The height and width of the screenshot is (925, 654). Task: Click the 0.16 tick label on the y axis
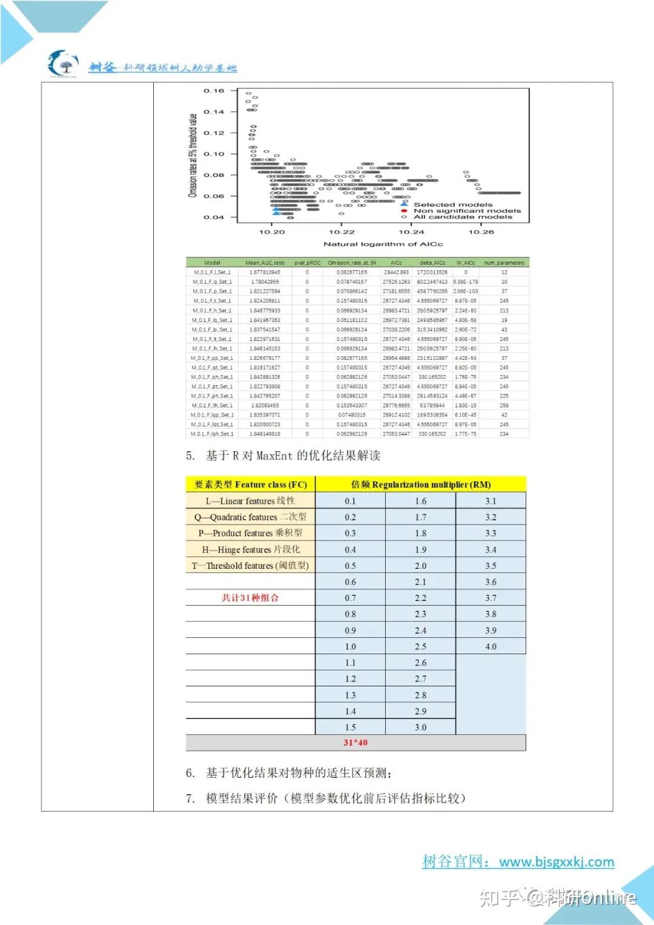tap(214, 91)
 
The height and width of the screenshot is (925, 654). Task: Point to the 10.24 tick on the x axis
tap(411, 232)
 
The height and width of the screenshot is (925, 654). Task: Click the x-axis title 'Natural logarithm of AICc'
tap(383, 244)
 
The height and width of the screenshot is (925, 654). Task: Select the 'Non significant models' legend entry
tap(467, 211)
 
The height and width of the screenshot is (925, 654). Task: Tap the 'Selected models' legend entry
tap(453, 205)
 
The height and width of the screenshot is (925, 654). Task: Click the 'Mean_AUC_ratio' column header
tap(265, 263)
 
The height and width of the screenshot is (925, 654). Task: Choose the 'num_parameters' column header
tap(504, 263)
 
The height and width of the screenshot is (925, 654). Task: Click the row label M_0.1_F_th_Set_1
tap(212, 405)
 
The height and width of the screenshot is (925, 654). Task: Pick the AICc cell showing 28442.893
tap(396, 273)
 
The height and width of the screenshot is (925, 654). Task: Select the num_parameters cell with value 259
tap(504, 405)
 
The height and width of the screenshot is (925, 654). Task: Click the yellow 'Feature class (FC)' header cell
tap(251, 485)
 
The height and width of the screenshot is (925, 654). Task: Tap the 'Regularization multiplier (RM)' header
tap(421, 485)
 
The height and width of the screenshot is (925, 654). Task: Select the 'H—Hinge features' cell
tap(251, 549)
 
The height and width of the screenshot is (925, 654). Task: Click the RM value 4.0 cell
tap(490, 646)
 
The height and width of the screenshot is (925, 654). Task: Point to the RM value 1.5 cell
tap(350, 728)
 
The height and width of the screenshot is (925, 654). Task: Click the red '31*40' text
tap(355, 743)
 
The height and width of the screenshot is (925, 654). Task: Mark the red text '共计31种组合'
tap(250, 598)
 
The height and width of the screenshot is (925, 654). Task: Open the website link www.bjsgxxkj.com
tap(557, 861)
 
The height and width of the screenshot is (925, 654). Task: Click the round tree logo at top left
tap(64, 64)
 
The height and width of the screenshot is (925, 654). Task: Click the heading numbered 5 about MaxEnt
tap(283, 456)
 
